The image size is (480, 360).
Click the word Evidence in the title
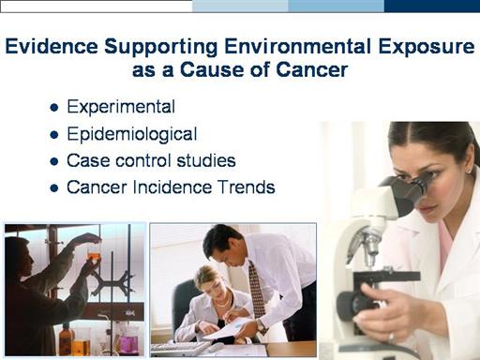pos(52,46)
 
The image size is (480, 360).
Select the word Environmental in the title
pos(297,46)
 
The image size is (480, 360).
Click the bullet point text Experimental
pos(121,107)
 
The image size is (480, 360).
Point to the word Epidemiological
pos(132,134)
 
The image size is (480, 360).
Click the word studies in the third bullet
pos(206,160)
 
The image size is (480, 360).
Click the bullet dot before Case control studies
pos(54,161)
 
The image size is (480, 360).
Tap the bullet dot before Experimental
pos(54,108)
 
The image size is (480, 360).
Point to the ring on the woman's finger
pos(392,337)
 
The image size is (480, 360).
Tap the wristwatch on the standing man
pos(261,326)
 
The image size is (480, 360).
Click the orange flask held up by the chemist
pos(94,253)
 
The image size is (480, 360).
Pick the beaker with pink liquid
pos(127,343)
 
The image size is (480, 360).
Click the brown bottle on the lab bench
pos(67,339)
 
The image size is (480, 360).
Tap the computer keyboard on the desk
pos(182,348)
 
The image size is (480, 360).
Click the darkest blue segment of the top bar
pos(432,6)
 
